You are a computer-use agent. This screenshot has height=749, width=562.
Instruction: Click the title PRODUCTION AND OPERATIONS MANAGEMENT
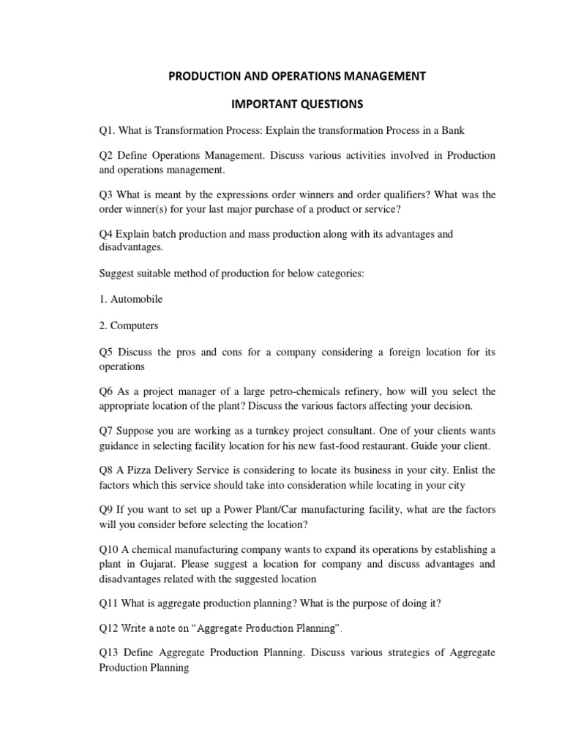pyautogui.click(x=297, y=76)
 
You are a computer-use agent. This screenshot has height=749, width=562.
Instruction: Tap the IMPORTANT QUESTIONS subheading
pyautogui.click(x=297, y=105)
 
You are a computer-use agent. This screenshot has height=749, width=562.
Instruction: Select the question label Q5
pyautogui.click(x=107, y=352)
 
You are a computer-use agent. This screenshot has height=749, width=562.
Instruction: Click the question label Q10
pyautogui.click(x=110, y=549)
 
